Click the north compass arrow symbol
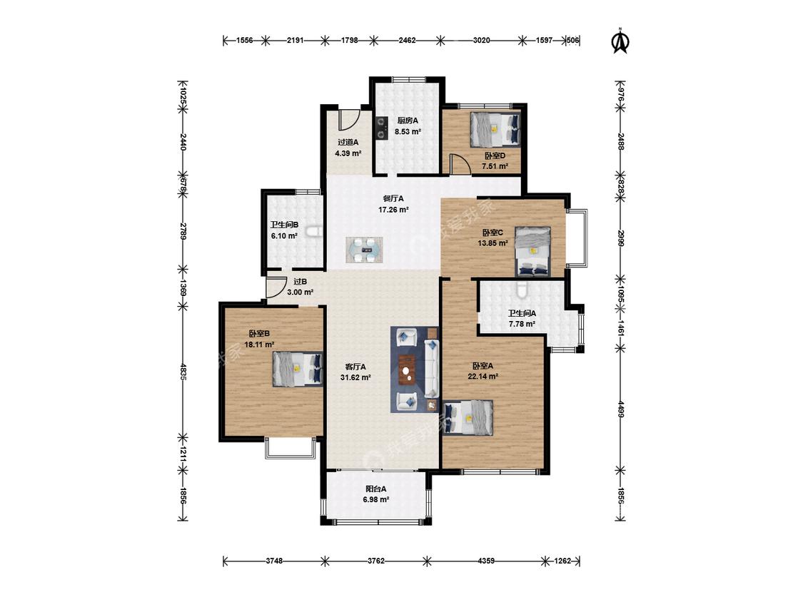point(621,41)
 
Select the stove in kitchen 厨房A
point(381,128)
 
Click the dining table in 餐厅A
point(364,250)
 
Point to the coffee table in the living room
point(407,369)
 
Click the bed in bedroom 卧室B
point(297,369)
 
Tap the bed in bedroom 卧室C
point(532,251)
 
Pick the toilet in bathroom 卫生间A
point(521,289)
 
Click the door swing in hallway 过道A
point(348,120)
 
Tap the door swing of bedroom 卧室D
point(460,164)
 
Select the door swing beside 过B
point(276,287)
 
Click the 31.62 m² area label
point(355,378)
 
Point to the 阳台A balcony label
point(376,489)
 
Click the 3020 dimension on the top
point(481,40)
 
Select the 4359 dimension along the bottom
point(486,561)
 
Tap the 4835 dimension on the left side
point(183,371)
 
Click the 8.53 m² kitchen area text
point(408,131)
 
